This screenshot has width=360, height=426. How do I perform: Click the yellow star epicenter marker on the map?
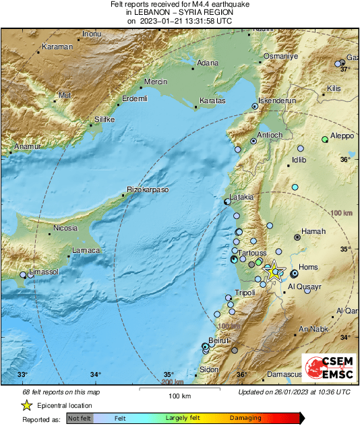point(274,272)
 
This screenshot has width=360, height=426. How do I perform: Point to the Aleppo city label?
point(342,135)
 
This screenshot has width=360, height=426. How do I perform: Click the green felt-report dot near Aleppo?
point(325,139)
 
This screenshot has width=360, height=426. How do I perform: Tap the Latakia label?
point(241,197)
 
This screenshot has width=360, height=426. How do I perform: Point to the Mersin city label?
point(156,81)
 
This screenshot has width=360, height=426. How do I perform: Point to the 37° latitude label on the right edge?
point(344,69)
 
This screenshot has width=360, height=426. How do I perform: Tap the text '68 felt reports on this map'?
point(62,392)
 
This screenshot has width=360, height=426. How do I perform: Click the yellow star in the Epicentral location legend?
point(26,405)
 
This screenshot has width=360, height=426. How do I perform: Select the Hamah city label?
point(313,231)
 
